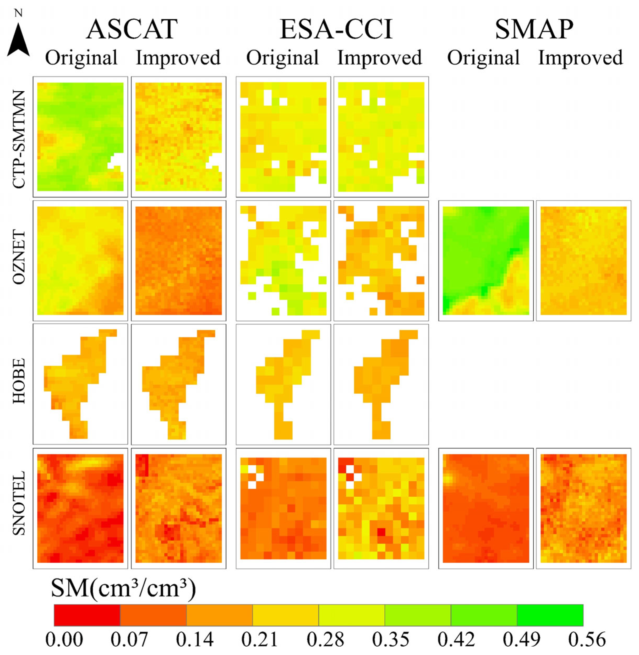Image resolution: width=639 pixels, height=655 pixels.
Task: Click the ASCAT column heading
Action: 132,30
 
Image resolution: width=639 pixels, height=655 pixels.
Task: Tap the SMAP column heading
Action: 534,30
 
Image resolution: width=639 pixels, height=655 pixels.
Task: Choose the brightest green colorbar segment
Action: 550,615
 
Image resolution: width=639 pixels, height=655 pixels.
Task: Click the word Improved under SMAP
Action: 581,58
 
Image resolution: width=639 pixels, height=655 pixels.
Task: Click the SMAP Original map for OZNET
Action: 486,261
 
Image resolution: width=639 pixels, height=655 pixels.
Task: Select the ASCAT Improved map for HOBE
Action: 178,384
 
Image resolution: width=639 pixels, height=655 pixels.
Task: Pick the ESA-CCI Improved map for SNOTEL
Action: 381,508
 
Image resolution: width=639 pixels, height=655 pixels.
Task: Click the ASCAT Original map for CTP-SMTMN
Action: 80,136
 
